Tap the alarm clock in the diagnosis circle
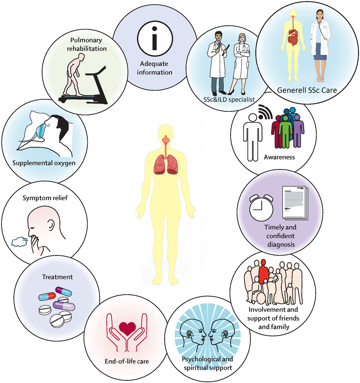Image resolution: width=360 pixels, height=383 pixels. point(261,207)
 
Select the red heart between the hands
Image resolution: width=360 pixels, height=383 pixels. point(127,329)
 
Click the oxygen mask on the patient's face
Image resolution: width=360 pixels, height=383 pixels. point(41,131)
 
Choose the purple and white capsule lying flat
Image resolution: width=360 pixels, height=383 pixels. point(64,305)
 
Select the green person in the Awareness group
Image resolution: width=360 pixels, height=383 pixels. point(285,131)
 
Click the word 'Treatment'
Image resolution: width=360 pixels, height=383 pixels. point(57,277)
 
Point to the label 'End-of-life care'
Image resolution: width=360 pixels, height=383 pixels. point(127,361)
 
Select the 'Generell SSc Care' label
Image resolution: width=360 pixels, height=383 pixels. point(307,90)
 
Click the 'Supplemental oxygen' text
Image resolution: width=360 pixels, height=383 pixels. point(44,163)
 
